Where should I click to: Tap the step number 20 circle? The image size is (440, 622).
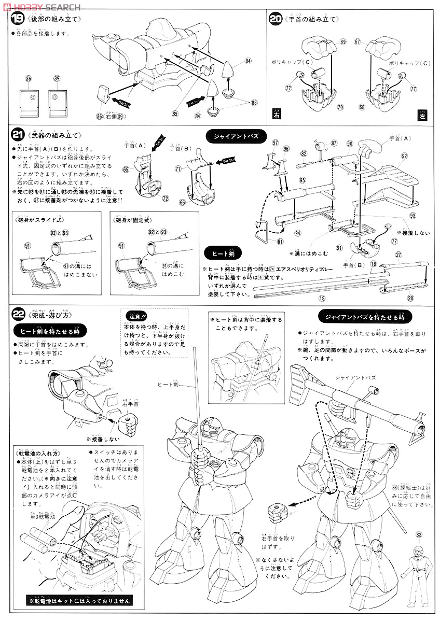276,20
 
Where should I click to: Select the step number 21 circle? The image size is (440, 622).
17,135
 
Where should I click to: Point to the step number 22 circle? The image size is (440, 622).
18,314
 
